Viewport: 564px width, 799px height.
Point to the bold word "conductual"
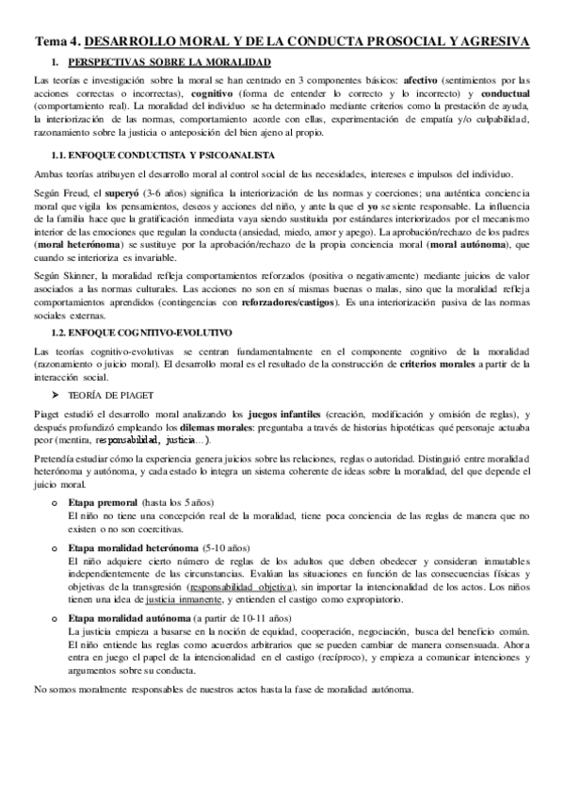coord(501,95)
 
